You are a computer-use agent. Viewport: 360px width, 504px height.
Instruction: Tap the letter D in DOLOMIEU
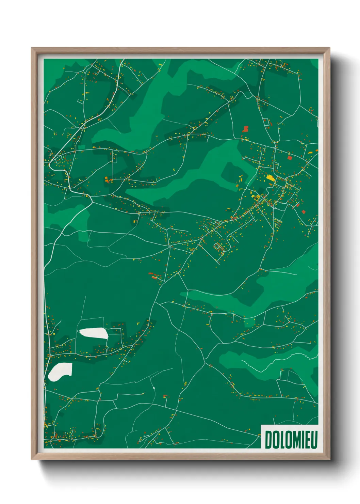pyautogui.click(x=268, y=440)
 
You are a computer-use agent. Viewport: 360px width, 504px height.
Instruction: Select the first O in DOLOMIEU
pyautogui.click(x=275, y=440)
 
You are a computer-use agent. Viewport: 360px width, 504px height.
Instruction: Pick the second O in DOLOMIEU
pyautogui.click(x=288, y=440)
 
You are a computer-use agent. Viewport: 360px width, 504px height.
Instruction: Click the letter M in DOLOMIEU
pyautogui.click(x=296, y=440)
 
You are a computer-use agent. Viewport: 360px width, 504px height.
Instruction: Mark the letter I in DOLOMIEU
pyautogui.click(x=302, y=440)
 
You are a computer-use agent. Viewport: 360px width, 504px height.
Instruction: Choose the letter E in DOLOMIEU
pyautogui.click(x=307, y=440)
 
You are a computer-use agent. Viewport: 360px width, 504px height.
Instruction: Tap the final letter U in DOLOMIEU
pyautogui.click(x=314, y=440)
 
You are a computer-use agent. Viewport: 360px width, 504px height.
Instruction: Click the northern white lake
pyautogui.click(x=94, y=333)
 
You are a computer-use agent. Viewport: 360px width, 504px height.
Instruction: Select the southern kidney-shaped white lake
pyautogui.click(x=60, y=371)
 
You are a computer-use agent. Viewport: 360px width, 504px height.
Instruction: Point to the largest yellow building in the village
pyautogui.click(x=270, y=177)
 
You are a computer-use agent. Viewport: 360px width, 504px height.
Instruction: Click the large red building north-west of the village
pyautogui.click(x=246, y=129)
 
